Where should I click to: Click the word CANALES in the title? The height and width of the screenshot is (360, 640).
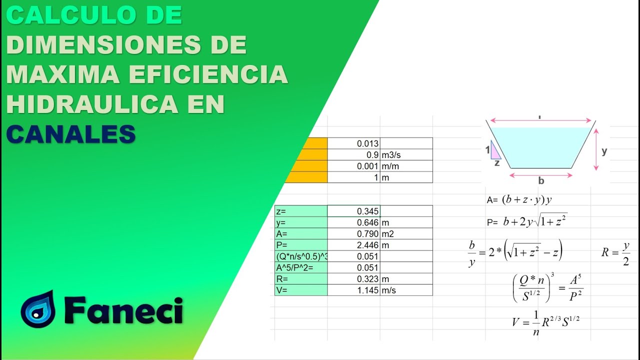(x=71, y=133)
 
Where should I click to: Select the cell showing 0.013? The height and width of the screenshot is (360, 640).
(x=353, y=143)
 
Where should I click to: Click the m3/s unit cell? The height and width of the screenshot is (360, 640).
(x=406, y=155)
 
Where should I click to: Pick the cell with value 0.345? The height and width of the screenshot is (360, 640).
(x=353, y=211)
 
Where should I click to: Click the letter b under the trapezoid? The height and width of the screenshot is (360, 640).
(x=541, y=180)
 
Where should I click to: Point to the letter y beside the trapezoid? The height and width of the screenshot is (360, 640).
(x=604, y=151)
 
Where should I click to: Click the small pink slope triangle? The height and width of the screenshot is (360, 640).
(x=495, y=150)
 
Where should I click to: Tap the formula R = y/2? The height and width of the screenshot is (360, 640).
(x=615, y=253)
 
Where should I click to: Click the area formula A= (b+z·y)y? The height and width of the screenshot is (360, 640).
(x=519, y=200)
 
